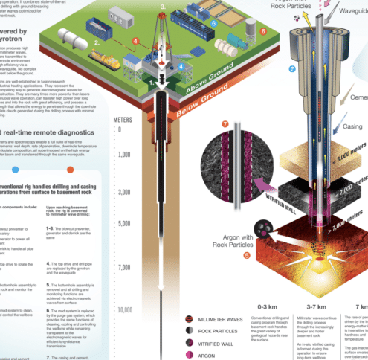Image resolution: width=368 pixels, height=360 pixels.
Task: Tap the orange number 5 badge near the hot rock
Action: tap(246, 256)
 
